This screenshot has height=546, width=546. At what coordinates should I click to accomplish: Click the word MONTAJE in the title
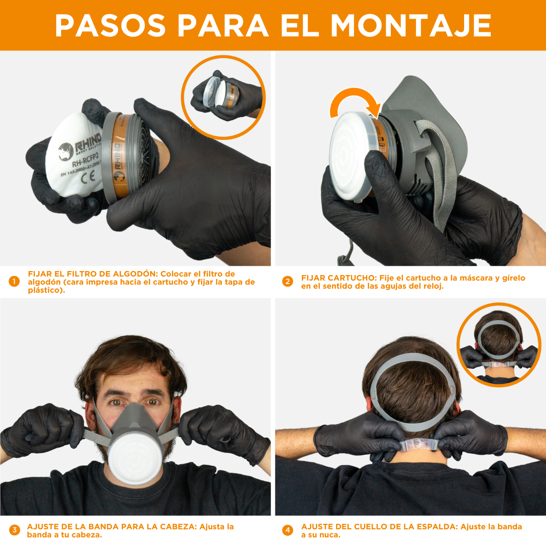[411, 25]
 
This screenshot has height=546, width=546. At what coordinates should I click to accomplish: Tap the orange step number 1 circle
[14, 282]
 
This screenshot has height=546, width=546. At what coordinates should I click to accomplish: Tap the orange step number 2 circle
[288, 282]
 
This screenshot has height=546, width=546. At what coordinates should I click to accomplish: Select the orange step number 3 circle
[14, 530]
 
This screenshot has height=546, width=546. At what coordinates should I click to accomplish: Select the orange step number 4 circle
[288, 530]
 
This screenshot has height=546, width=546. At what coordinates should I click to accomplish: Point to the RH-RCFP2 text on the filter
[86, 163]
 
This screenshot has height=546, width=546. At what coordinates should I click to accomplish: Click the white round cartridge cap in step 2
[349, 154]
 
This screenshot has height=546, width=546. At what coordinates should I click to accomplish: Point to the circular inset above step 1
[223, 97]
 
